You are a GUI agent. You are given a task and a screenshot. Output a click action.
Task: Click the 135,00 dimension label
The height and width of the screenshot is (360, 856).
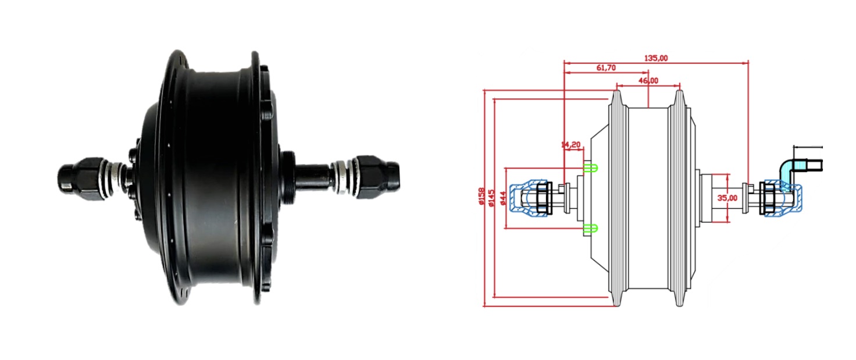(656, 58)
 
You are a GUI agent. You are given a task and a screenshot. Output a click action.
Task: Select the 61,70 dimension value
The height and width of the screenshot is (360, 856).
(606, 67)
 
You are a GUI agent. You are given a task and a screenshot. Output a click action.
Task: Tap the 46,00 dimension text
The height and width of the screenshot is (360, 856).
(648, 81)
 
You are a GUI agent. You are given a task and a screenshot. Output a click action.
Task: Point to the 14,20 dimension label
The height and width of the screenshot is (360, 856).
(571, 145)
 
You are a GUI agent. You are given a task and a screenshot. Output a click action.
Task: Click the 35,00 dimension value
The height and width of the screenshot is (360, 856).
(727, 198)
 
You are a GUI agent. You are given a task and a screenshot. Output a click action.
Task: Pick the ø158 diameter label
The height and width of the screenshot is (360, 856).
(481, 196)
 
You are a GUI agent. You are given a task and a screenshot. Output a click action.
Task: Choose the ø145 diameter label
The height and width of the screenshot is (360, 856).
(492, 198)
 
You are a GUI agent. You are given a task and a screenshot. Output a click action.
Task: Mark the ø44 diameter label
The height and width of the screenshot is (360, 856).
(503, 198)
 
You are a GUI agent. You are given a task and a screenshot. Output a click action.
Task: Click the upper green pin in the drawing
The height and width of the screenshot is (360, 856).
(590, 167)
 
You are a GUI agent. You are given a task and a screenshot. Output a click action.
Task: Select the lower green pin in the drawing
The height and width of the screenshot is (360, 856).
(590, 229)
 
